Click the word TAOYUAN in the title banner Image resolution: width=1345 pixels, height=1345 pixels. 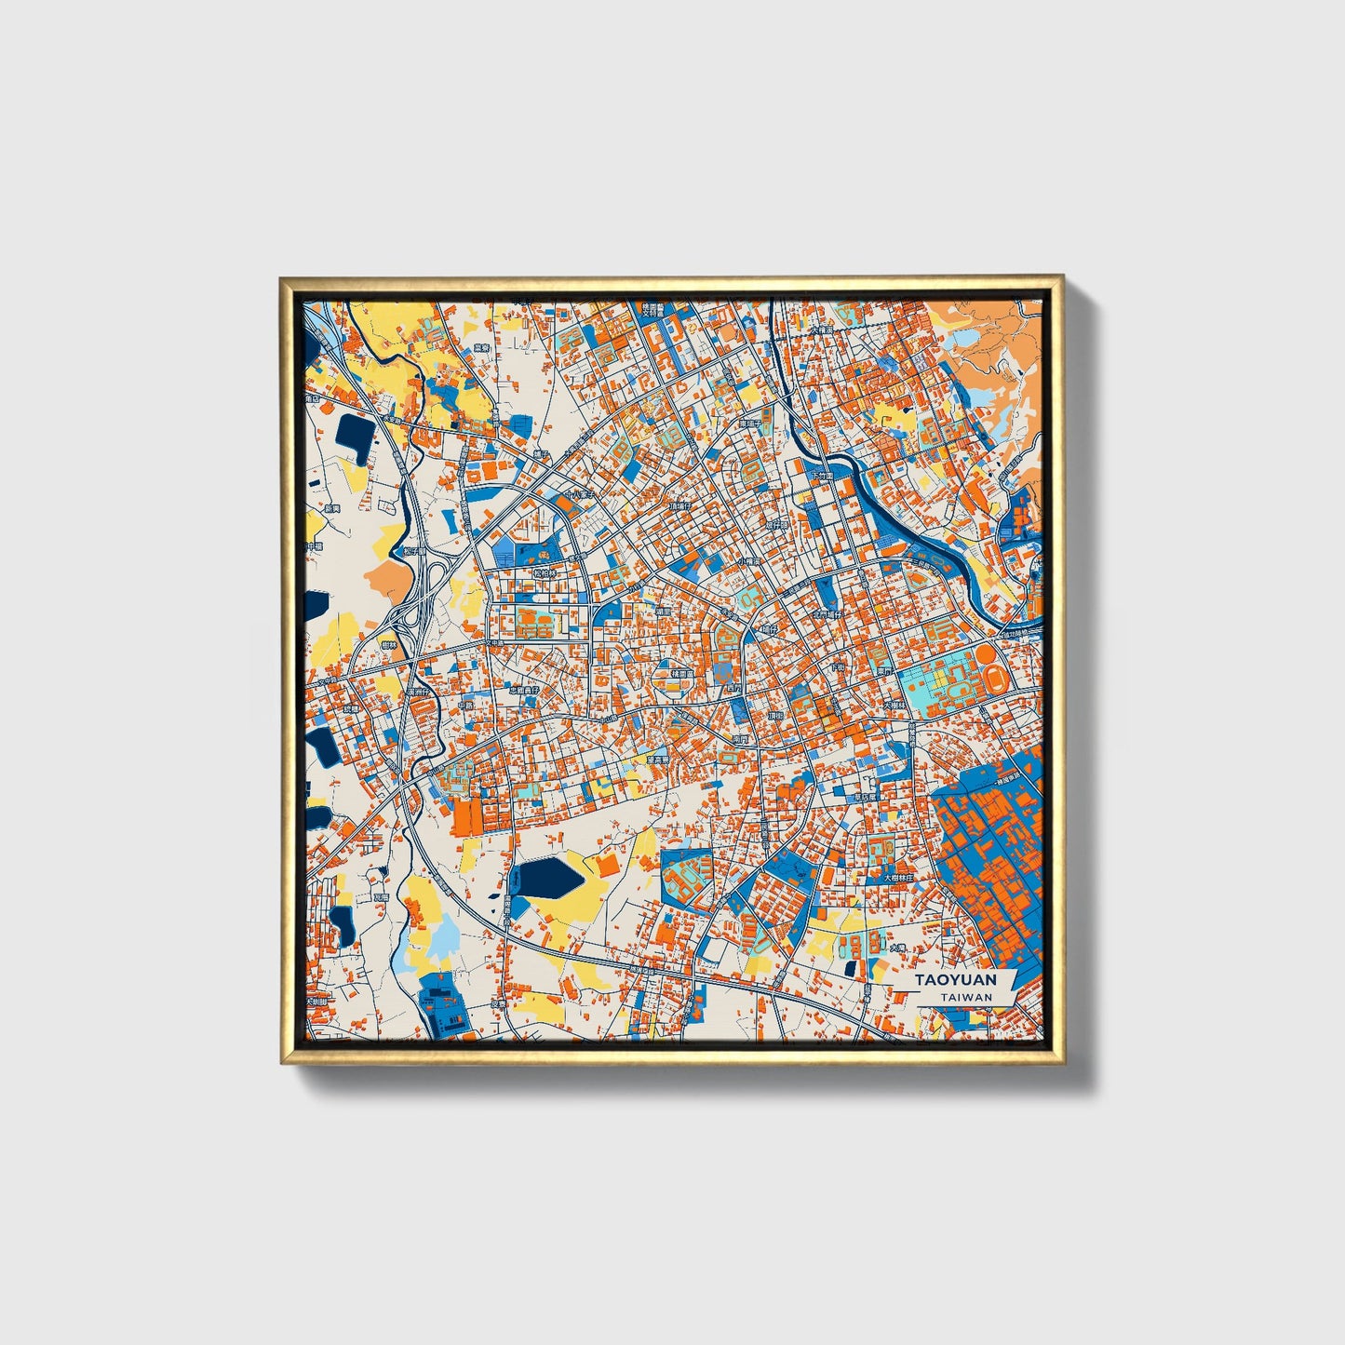tap(955, 979)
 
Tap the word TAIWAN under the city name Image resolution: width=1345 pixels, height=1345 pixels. tap(966, 997)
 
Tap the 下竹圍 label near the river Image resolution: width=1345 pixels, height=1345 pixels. tap(822, 475)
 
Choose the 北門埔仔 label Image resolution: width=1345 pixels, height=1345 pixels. tap(827, 615)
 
